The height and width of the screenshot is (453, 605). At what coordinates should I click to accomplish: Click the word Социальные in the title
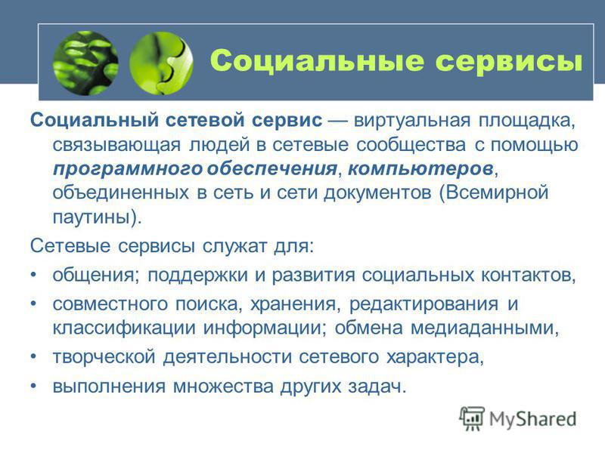point(317,60)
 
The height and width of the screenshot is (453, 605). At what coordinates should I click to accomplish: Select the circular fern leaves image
point(85,63)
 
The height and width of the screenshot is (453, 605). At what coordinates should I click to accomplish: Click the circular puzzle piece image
point(161,63)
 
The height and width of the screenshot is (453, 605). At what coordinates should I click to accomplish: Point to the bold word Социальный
point(94,120)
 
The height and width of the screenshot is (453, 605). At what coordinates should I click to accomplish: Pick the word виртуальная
point(411,121)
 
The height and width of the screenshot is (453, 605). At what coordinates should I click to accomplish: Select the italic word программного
point(128,169)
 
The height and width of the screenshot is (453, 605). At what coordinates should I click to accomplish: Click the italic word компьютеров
point(420,168)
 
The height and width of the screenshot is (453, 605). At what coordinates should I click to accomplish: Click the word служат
point(234,246)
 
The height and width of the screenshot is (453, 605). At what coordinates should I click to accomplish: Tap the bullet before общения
point(33,275)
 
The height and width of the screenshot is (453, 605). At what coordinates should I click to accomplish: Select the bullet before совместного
point(33,304)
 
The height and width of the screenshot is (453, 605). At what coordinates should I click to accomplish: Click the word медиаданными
point(482,328)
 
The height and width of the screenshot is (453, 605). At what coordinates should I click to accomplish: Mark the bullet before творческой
point(33,356)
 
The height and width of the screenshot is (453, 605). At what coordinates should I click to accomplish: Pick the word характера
point(432,357)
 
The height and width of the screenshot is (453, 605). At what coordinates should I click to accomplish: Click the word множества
point(223,386)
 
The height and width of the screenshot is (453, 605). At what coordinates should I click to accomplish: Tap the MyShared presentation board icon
point(471,418)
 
